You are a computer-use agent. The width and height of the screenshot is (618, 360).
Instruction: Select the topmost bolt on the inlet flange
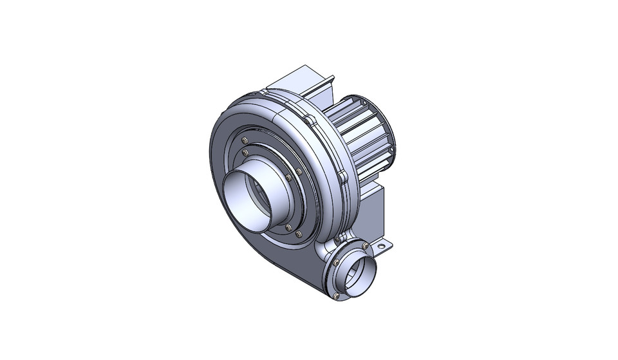(244, 140)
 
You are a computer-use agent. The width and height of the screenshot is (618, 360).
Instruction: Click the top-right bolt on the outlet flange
(365, 246)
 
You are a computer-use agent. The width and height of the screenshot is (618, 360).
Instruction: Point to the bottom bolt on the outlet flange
(336, 296)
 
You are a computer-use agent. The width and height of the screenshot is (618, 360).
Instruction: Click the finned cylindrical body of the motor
(360, 138)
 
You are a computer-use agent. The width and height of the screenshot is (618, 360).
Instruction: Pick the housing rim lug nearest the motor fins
(312, 120)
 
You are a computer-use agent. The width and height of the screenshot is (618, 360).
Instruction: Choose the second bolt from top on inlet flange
(245, 153)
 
